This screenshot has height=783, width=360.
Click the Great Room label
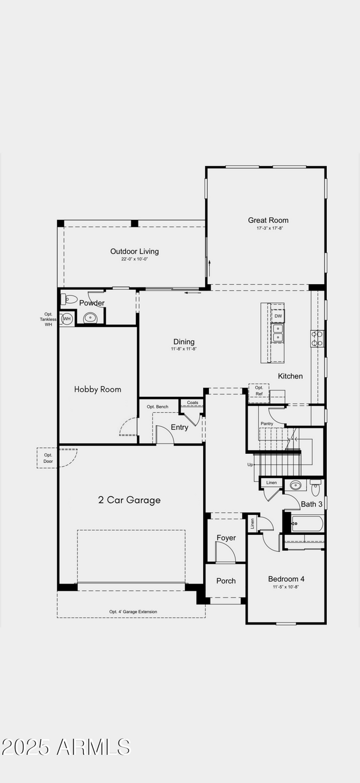coord(268,220)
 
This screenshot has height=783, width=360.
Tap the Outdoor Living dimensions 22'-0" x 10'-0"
coord(134,259)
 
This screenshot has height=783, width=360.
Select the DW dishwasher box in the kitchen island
coord(278,316)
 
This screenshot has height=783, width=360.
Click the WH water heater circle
coord(67,319)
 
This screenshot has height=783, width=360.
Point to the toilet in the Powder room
coord(69,299)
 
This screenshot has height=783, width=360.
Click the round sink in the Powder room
coord(90,318)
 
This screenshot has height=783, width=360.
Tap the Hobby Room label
coord(97,390)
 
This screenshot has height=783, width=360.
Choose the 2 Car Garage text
coord(129,500)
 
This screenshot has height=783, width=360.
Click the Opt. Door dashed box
coord(48,458)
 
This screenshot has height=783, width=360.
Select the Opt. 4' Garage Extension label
coord(133,612)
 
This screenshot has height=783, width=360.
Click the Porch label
coord(225,581)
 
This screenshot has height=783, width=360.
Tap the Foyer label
coord(226,538)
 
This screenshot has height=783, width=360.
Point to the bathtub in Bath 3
coord(307,524)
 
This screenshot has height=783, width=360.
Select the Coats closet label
coord(192,403)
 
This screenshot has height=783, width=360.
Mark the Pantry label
coord(267,423)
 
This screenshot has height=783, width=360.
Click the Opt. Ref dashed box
coord(259,390)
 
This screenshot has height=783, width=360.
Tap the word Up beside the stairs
coord(250,464)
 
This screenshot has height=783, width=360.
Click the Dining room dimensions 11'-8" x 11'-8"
coord(183,349)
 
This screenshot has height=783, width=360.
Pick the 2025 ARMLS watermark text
coord(66,747)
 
